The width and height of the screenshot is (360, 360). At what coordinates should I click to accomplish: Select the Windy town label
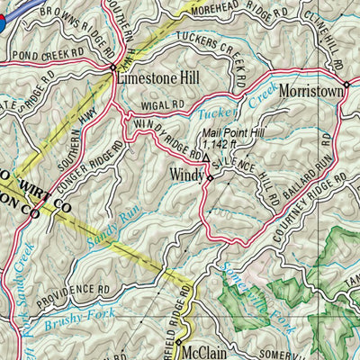tap(187, 170)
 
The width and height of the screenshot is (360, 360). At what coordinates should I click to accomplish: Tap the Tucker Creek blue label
tap(230, 111)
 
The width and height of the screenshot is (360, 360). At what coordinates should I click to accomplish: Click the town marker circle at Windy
tap(210, 178)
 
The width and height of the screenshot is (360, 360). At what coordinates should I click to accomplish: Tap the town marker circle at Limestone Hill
tap(112, 67)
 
